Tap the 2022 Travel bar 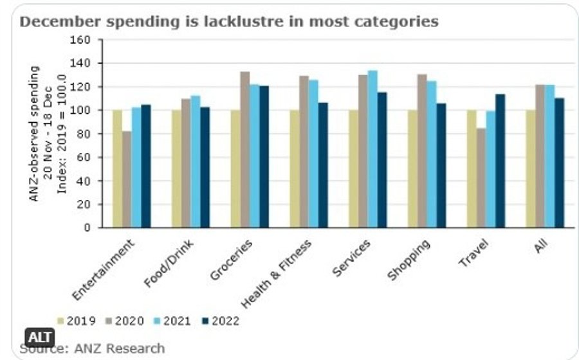coord(500,161)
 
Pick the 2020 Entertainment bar coord(127,179)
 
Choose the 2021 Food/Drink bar coord(196,161)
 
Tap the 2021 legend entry coord(170,321)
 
